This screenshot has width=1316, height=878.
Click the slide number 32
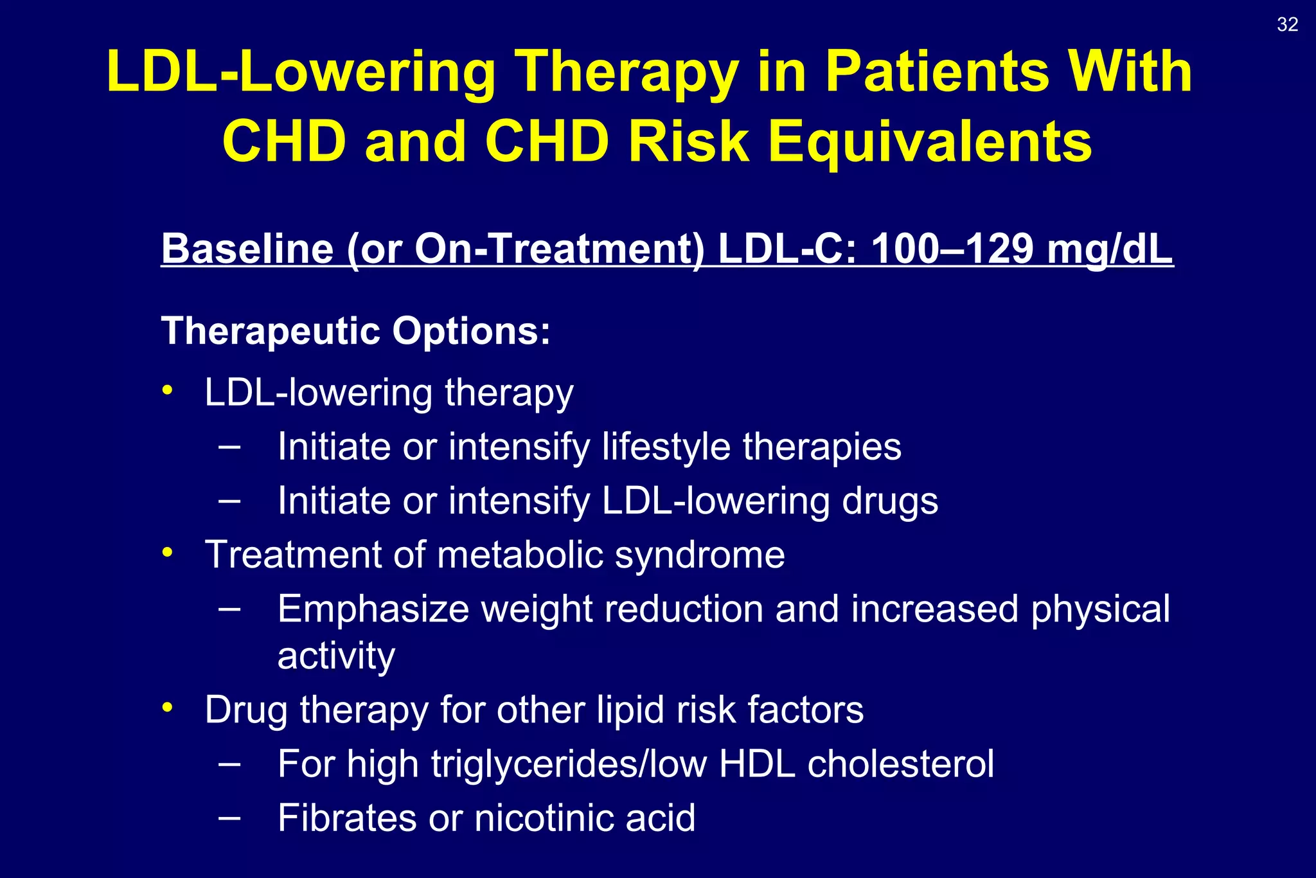1287,24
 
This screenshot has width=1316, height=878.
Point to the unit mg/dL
1110,249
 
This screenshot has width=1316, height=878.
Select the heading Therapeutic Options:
355,331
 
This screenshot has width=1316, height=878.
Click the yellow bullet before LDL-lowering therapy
168,390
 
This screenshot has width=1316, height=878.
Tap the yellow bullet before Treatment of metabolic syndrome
168,551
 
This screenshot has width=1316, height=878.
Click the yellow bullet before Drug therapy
168,707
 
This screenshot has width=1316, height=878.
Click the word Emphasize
373,609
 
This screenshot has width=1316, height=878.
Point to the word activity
336,656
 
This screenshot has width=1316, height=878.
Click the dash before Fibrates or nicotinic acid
229,817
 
